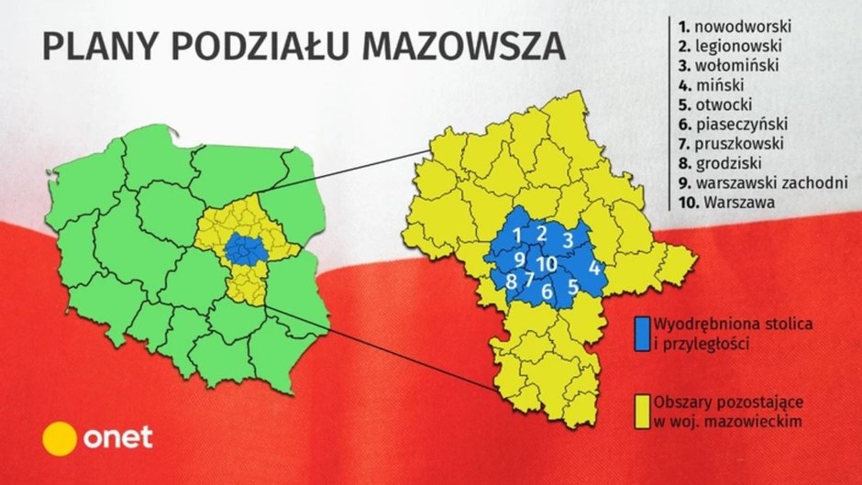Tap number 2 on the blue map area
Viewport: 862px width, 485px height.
pos(542,232)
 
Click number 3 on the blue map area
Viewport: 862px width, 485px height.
pos(568,239)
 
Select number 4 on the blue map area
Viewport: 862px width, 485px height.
pos(594,269)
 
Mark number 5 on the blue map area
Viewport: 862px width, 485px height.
pos(572,286)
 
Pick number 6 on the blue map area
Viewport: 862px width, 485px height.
pos(547,293)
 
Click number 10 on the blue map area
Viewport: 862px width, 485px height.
pos(547,265)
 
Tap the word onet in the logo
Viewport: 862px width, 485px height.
pos(118,437)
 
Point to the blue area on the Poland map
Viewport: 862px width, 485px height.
pos(244,245)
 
